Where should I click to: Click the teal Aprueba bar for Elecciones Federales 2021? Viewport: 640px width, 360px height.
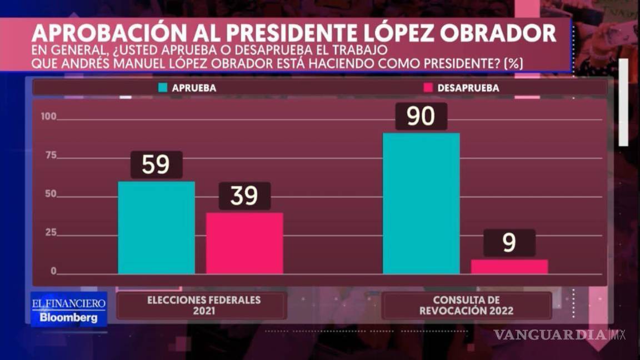[x=156, y=228]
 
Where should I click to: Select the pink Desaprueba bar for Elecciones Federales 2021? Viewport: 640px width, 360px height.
[x=244, y=243]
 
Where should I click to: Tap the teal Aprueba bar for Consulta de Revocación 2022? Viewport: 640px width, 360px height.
[x=421, y=203]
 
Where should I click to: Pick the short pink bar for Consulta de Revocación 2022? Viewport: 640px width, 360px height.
[x=509, y=267]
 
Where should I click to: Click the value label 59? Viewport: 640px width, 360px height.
[x=156, y=165]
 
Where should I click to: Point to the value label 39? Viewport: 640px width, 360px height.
[x=244, y=196]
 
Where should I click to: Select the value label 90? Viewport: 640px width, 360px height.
[x=421, y=116]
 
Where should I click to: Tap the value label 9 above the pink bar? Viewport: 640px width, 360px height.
[x=509, y=243]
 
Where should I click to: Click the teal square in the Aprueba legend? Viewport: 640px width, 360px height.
[x=163, y=88]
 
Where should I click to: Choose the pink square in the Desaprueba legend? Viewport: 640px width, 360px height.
[x=428, y=88]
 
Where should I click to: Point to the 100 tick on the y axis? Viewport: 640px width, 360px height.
[x=49, y=117]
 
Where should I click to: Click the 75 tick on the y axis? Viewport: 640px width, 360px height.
[x=51, y=156]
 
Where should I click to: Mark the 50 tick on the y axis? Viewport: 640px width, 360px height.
[x=51, y=194]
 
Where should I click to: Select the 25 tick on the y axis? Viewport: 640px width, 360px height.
[x=51, y=233]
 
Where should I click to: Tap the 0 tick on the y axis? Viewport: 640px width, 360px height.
[x=54, y=271]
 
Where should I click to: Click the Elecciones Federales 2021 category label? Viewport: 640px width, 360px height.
[x=203, y=306]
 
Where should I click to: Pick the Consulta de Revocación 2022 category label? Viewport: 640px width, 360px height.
[x=467, y=306]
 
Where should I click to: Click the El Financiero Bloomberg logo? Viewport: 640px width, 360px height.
[x=68, y=309]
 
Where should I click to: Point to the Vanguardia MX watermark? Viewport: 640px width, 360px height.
[x=559, y=334]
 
